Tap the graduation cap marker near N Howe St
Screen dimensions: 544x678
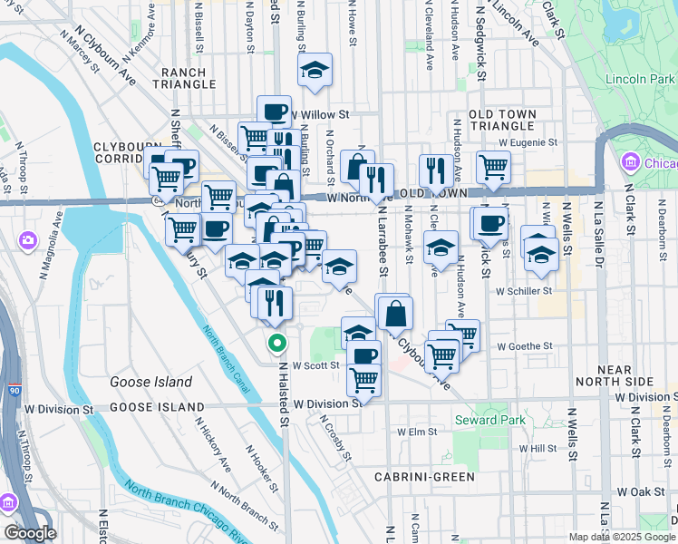tap(315, 70)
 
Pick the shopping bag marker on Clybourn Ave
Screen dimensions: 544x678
tap(396, 314)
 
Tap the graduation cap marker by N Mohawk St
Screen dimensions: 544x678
tap(441, 247)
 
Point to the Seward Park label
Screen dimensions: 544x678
tap(489, 420)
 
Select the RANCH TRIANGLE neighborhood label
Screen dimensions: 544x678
tap(189, 78)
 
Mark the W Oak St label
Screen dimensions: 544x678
tap(641, 491)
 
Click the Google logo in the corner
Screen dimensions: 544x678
tap(30, 533)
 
